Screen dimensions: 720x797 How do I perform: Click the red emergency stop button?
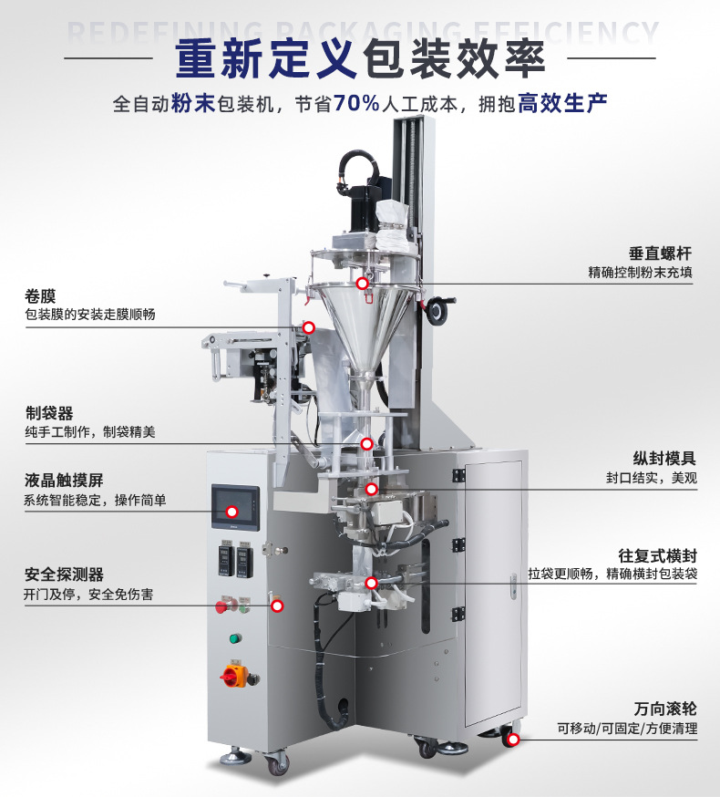tap(221, 606)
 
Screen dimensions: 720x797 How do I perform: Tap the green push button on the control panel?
tap(235, 638)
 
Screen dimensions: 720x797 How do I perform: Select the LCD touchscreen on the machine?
tap(235, 507)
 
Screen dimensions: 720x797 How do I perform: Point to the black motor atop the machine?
tap(365, 209)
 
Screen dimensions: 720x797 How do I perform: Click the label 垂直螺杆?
tap(660, 254)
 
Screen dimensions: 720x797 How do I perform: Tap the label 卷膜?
tap(40, 295)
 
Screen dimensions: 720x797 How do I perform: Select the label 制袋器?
tap(49, 413)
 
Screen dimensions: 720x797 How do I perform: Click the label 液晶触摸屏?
tap(64, 481)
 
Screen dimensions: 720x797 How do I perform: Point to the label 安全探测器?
tap(64, 574)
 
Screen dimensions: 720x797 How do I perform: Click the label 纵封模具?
tap(664, 459)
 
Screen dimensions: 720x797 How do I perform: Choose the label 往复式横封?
tap(657, 555)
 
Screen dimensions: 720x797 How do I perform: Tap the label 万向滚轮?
tap(665, 709)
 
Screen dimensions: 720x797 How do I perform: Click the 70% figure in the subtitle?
tap(356, 103)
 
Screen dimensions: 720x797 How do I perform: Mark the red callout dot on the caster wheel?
tap(513, 740)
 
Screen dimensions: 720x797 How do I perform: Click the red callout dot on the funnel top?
tap(363, 284)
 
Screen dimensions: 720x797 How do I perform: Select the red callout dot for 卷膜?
tap(308, 327)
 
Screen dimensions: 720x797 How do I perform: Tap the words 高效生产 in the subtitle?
tap(562, 103)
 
